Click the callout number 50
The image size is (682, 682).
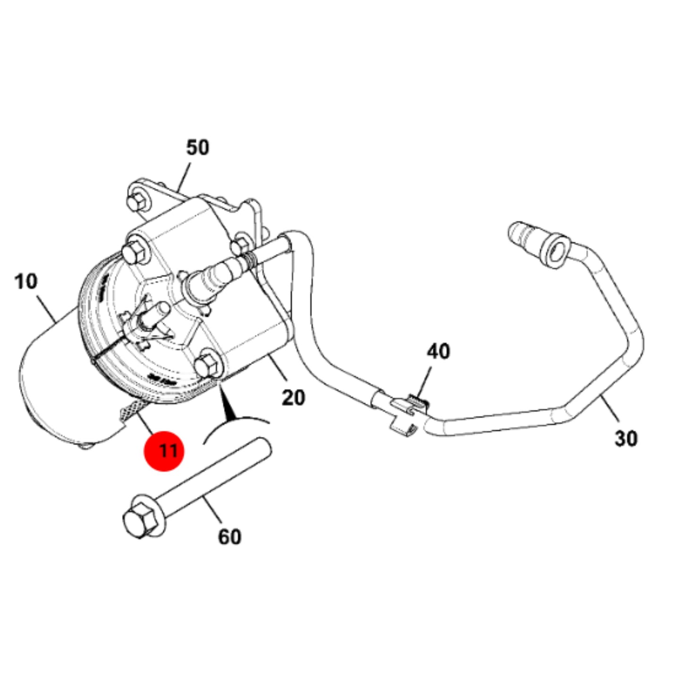197,148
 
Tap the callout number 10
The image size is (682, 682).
26,282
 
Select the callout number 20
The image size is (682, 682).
294,397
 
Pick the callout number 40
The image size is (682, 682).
438,352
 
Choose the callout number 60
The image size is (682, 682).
230,537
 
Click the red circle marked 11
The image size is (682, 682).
164,451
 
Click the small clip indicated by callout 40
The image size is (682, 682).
411,414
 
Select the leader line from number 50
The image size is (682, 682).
185,177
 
